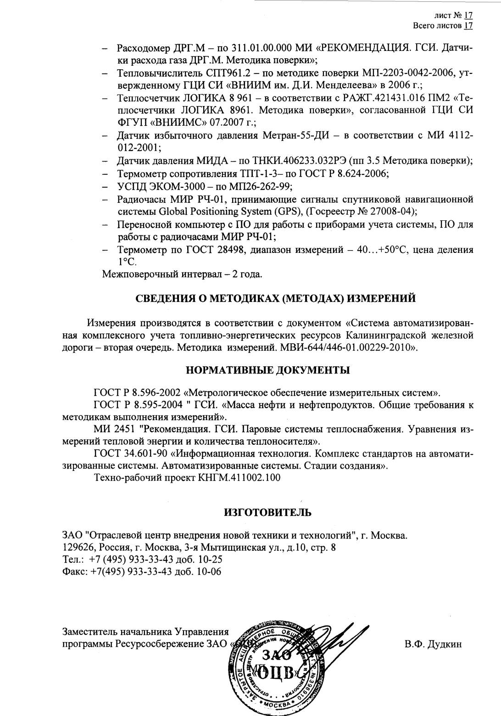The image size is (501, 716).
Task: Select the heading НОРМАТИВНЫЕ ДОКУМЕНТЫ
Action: click(267, 370)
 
